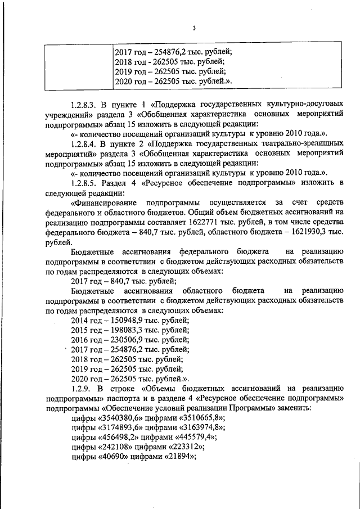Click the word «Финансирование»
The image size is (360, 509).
tap(105, 203)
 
